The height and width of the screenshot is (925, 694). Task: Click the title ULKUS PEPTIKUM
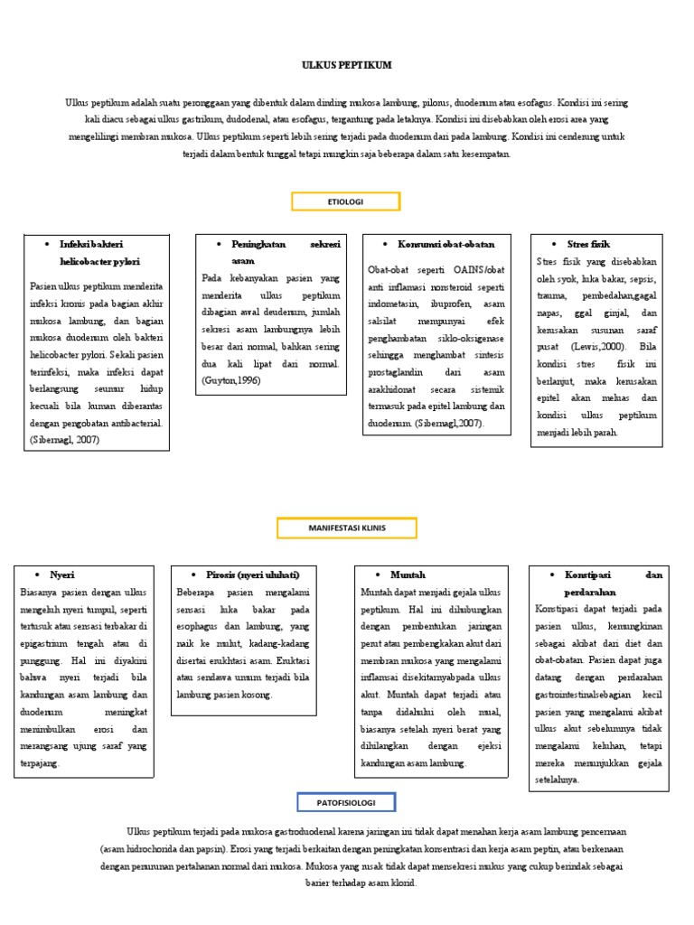(347, 66)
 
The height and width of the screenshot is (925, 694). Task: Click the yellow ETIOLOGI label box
(345, 201)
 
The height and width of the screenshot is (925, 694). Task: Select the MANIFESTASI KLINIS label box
(347, 528)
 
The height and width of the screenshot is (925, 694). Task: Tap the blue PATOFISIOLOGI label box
(346, 801)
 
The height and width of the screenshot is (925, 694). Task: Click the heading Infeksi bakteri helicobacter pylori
(98, 253)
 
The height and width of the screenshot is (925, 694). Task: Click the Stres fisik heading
(588, 244)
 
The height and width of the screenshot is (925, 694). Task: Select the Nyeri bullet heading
(61, 575)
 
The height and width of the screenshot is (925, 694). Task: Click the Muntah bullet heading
(408, 575)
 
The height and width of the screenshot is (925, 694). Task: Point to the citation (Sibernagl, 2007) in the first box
(63, 440)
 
